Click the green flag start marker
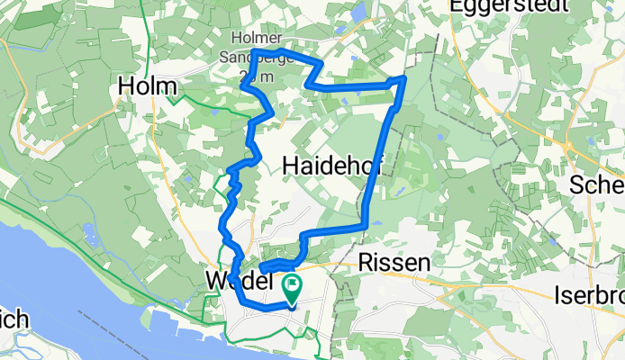point(293,288)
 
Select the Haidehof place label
point(325,165)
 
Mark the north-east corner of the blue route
point(403,79)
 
